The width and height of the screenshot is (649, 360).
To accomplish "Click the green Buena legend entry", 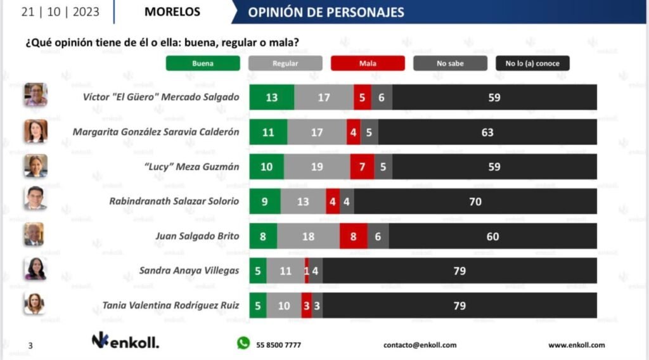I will point(203,63).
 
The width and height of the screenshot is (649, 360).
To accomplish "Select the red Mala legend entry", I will point(368,63).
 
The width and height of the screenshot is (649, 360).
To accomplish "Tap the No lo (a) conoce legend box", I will point(532,63).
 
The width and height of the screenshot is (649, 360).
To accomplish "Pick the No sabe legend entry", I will point(450,63).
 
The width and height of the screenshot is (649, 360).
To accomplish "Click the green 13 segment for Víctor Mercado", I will point(272,98).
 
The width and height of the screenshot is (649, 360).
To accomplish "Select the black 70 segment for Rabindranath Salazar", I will point(475,202).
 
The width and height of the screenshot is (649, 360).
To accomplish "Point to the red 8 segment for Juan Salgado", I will point(353,236).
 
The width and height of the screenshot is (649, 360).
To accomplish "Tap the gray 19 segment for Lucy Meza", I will point(317,167).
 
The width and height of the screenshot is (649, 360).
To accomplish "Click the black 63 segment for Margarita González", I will point(487,132).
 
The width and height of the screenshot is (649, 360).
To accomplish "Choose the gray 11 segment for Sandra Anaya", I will point(285,271).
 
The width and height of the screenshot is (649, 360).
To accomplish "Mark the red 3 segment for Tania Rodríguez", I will point(306,305).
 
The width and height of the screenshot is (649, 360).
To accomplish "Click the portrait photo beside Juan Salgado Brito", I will point(35,235).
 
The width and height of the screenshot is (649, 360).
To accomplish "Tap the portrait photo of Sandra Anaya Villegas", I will point(35,269).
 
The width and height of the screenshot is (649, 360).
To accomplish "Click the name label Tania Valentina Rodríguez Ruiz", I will point(171,305).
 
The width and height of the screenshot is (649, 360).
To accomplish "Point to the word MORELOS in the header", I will point(172,12).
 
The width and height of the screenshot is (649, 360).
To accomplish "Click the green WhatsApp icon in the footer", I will point(243,343).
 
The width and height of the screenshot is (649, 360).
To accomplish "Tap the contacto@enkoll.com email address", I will point(420,345).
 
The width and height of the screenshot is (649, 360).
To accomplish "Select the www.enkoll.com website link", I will point(576,345).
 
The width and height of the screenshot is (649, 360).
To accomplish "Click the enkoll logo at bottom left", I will point(125,342).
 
